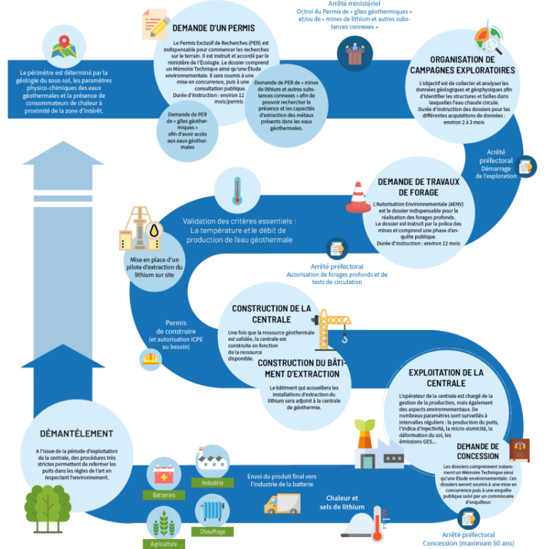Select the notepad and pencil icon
155,26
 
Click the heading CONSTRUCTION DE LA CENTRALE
271,314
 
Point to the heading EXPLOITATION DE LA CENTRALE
446,377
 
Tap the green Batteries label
164,495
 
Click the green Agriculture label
164,544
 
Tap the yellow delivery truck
282,504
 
